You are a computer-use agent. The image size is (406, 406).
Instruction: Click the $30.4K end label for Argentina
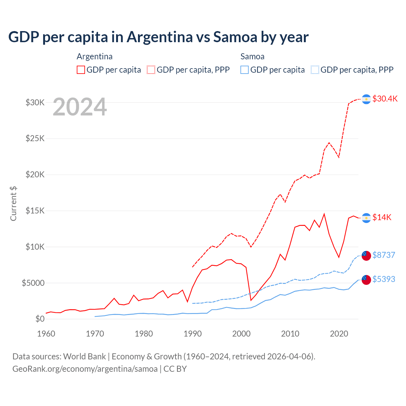[x=385, y=99]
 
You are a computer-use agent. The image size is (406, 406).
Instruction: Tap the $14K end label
[x=382, y=217]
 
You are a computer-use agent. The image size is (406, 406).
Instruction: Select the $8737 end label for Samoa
[x=383, y=255]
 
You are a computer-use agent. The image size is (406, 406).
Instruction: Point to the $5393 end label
[x=383, y=279]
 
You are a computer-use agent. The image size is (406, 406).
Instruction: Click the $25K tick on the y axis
[x=35, y=139]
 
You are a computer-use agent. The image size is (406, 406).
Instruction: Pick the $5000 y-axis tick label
[x=33, y=283]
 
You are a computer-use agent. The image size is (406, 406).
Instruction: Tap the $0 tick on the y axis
[x=40, y=319]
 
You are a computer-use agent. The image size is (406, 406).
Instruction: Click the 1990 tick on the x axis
[x=193, y=334]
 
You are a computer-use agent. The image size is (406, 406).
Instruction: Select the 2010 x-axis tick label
[x=290, y=334]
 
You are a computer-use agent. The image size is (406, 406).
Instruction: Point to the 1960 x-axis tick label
[x=46, y=334]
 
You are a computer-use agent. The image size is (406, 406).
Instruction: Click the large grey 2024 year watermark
[x=80, y=107]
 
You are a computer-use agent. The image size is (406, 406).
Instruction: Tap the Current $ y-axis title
[x=13, y=203]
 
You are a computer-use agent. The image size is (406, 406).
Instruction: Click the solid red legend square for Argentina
[x=81, y=70]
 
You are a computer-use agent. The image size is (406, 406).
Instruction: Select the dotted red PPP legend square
[x=151, y=70]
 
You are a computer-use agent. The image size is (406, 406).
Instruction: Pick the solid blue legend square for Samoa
[x=245, y=70]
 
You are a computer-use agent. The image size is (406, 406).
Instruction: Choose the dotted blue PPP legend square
[x=315, y=70]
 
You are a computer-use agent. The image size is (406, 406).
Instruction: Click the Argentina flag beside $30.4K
[x=366, y=99]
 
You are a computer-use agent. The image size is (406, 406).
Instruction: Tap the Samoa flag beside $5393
[x=366, y=280]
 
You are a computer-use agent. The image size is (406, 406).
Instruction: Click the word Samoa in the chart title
[x=235, y=37]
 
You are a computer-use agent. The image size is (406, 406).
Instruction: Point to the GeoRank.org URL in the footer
[x=85, y=369]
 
